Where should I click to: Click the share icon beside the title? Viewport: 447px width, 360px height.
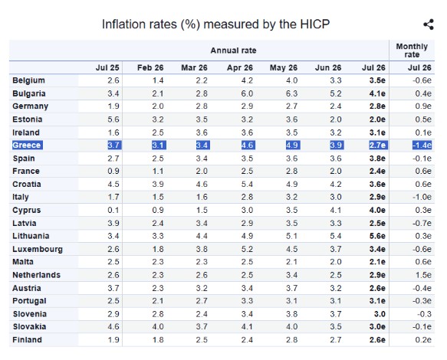click(429, 25)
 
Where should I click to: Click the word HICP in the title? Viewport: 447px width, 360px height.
click(314, 25)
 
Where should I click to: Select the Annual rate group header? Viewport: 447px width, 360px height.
click(233, 51)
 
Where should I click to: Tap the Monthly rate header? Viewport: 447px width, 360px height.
click(412, 51)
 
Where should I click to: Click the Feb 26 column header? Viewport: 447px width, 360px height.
click(150, 67)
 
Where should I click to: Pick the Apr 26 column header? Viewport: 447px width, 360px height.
click(240, 67)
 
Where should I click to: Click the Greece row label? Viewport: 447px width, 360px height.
click(27, 146)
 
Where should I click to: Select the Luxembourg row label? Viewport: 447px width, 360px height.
click(38, 249)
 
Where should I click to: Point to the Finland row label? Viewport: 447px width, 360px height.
click(27, 340)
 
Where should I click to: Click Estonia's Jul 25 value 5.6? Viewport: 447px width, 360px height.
click(113, 119)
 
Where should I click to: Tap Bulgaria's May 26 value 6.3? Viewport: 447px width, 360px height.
click(291, 93)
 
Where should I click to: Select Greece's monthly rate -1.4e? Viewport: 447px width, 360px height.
click(422, 146)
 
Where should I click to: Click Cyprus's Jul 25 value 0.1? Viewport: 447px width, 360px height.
click(113, 210)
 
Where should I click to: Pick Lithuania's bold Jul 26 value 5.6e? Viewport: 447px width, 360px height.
click(377, 236)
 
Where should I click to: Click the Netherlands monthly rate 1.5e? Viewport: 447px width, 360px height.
click(423, 275)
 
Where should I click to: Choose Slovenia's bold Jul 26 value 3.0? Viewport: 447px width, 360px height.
click(380, 314)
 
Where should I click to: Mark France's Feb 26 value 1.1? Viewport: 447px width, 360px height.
click(158, 171)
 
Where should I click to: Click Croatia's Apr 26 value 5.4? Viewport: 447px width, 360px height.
click(247, 185)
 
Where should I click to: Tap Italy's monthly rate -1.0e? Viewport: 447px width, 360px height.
click(422, 197)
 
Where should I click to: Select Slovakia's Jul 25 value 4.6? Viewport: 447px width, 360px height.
click(113, 326)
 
